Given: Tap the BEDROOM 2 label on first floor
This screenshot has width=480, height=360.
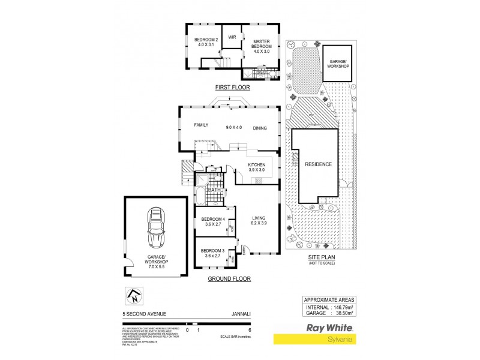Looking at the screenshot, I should point(203,43).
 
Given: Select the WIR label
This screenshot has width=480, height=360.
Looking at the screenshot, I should point(232,37).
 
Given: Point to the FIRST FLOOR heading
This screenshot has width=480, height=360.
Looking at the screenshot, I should point(232,88).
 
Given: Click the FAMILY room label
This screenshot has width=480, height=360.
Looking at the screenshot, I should point(200,125).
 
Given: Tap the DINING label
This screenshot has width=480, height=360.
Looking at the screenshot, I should point(260,128).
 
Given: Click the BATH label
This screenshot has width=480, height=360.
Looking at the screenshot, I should point(214,190).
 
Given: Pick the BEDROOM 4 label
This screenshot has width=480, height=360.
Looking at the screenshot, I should point(213,221).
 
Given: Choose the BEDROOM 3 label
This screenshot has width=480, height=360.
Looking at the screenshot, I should point(213,252).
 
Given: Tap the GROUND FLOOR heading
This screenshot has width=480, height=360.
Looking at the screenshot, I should point(229,279).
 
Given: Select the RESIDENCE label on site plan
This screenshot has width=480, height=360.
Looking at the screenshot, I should point(318,164).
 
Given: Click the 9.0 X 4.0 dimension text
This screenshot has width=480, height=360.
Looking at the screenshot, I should point(233,128).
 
